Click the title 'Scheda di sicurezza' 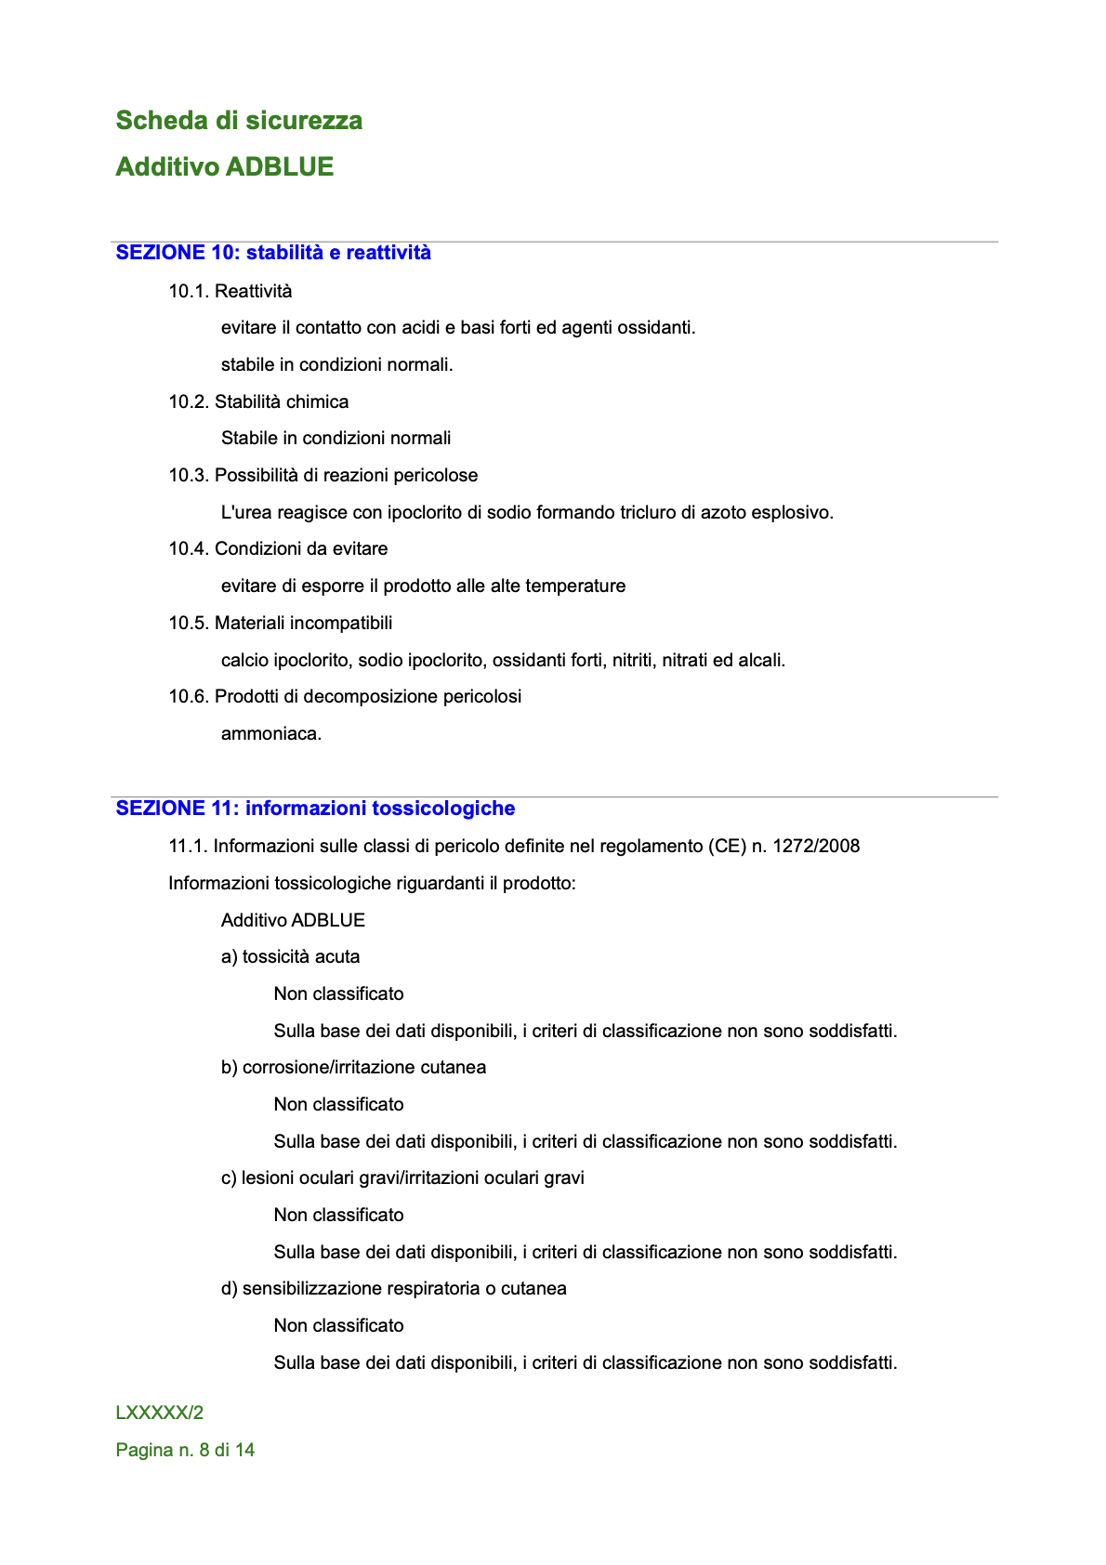pyautogui.click(x=239, y=121)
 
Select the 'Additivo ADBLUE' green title pyautogui.click(x=224, y=167)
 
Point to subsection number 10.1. pyautogui.click(x=189, y=292)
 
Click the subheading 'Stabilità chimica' pyautogui.click(x=282, y=402)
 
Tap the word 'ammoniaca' pyautogui.click(x=270, y=734)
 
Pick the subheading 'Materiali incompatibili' pyautogui.click(x=303, y=624)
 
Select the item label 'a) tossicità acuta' pyautogui.click(x=290, y=957)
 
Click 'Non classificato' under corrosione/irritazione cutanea pyautogui.click(x=338, y=1105)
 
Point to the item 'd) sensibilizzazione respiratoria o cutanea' pyautogui.click(x=393, y=1289)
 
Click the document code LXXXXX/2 pyautogui.click(x=159, y=1414)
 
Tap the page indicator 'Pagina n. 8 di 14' pyautogui.click(x=185, y=1451)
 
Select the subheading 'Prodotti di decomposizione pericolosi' pyautogui.click(x=367, y=697)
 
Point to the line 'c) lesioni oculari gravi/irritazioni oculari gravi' pyautogui.click(x=402, y=1178)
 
